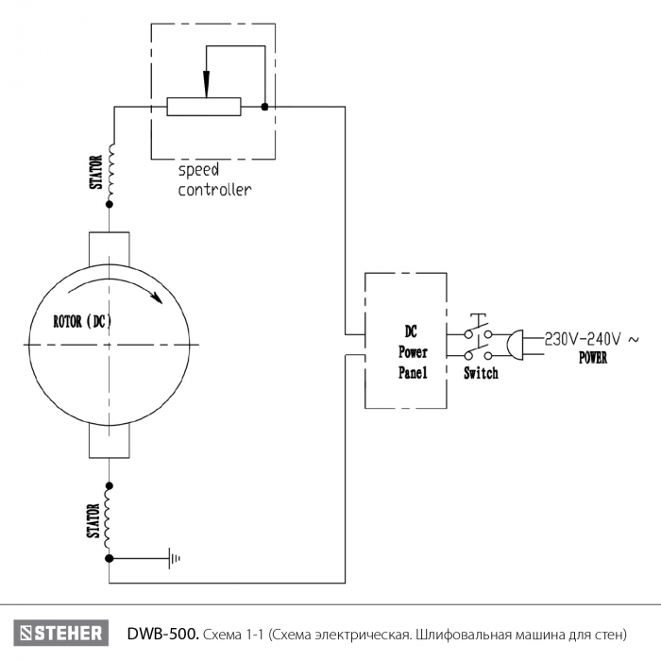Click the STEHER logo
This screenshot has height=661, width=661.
61,633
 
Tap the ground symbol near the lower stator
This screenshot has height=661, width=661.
175,559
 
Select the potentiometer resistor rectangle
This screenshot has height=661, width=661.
204,107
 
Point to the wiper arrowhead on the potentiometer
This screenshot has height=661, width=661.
206,84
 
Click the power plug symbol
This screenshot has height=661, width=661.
516,345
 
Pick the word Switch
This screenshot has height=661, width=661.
481,373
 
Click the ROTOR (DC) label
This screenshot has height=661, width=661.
83,322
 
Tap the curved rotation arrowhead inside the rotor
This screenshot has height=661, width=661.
157,297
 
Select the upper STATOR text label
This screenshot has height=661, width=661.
96,173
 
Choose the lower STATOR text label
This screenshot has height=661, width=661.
94,521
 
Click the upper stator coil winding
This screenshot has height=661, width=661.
110,173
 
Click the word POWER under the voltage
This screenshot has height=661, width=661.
593,358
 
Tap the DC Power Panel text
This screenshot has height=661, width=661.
413,352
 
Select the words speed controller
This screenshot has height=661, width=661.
214,180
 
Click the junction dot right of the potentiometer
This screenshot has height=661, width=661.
264,107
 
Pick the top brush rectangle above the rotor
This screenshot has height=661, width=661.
110,249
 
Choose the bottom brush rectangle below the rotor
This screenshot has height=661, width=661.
110,441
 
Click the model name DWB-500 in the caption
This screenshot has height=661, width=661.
162,634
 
